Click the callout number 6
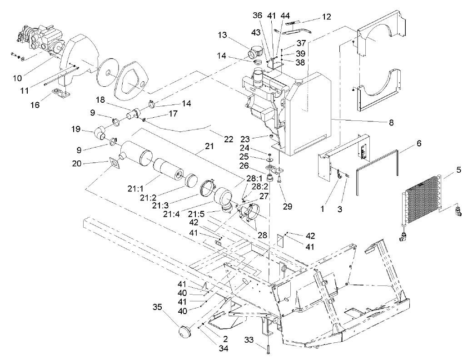[x=419, y=143]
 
